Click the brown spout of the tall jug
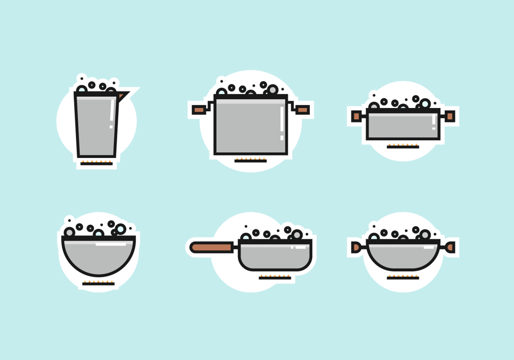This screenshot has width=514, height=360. click(x=121, y=96)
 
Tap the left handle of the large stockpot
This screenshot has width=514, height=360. click(x=199, y=110)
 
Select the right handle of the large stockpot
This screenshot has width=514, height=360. click(x=303, y=110)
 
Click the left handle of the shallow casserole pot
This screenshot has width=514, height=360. click(x=356, y=116)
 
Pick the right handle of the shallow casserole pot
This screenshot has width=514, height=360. click(x=450, y=116)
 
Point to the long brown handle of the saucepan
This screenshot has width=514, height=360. click(x=212, y=247)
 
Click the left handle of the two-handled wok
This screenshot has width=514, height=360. click(x=356, y=247)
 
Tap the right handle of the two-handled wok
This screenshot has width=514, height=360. click(x=450, y=247)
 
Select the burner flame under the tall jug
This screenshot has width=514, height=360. click(x=97, y=163)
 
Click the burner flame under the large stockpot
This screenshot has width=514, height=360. click(x=251, y=160)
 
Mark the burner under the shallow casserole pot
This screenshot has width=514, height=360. click(x=403, y=146)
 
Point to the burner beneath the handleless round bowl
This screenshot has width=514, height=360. click(x=98, y=283)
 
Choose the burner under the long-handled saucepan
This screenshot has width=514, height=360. click(x=275, y=277)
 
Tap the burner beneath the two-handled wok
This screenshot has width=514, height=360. click(x=403, y=277)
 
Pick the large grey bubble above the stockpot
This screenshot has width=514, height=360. click(x=272, y=90)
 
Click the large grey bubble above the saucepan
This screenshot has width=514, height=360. click(x=297, y=235)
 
